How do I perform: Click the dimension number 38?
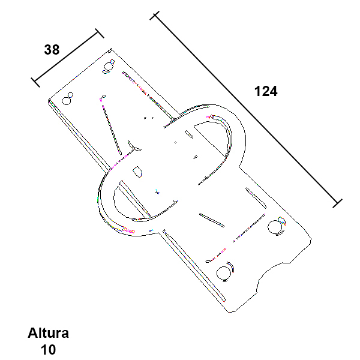pos(52,50)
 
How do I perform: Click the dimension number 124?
pos(266,91)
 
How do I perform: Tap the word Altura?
pos(48,333)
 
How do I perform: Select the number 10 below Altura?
pos(48,350)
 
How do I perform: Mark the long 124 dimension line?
pos(246,109)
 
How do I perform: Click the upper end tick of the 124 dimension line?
pos(154,16)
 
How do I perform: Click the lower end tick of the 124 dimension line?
pos(337,203)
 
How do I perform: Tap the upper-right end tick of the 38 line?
pos(100,33)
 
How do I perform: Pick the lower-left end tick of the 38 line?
pos(35,83)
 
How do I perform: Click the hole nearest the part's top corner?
pos(108,67)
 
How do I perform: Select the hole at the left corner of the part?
pos(67,100)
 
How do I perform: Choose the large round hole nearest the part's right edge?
pos(275,227)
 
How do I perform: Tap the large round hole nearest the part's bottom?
pos(224,273)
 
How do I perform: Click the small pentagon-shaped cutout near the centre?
pos(137,172)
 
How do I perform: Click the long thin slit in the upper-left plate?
pos(112,130)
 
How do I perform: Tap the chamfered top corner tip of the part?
pos(110,50)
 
